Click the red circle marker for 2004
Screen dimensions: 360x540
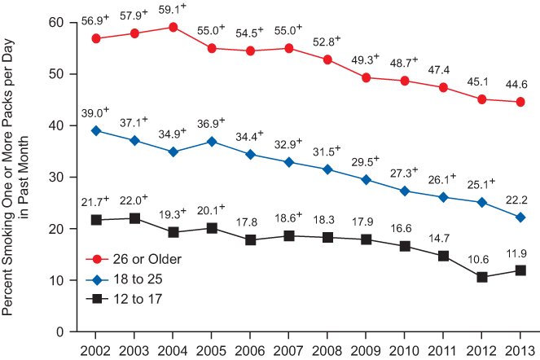click(173, 27)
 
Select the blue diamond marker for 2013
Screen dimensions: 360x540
click(520, 217)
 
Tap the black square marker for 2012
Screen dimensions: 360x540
click(482, 277)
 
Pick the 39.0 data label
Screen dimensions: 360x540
click(94, 114)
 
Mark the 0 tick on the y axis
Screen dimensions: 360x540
click(59, 331)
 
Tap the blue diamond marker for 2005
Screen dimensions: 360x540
click(212, 142)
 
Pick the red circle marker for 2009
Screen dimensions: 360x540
click(367, 77)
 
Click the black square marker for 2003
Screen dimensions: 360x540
click(134, 218)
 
